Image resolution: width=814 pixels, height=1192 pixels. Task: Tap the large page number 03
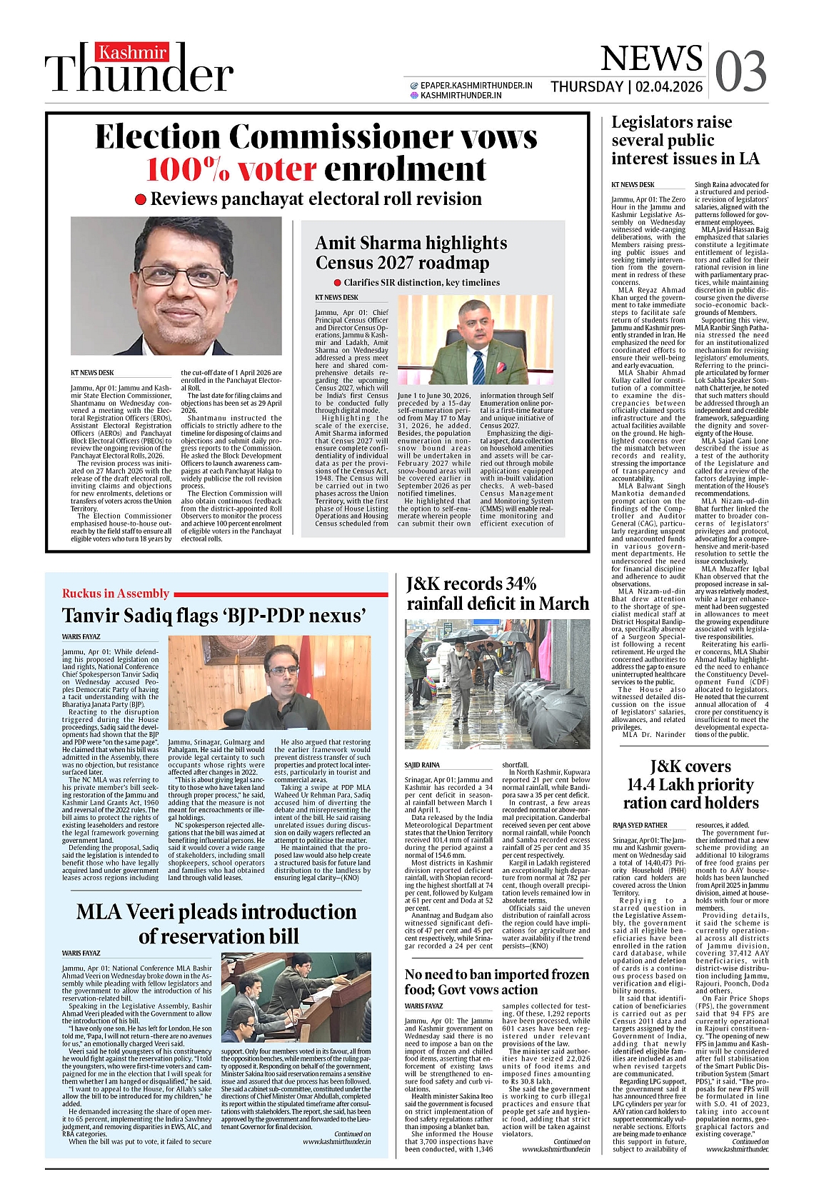click(740, 71)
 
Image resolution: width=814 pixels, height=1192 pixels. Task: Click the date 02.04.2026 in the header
click(669, 87)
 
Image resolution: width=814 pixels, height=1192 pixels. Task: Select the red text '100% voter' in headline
click(231, 169)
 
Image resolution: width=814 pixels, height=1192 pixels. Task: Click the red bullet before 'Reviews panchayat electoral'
click(141, 200)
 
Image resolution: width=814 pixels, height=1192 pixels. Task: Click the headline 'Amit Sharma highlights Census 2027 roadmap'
click(411, 253)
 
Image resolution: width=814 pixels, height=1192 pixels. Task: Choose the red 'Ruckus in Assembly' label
click(116, 594)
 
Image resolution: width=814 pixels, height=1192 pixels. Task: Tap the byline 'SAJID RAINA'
click(422, 765)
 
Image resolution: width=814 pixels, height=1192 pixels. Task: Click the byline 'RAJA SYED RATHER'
click(640, 825)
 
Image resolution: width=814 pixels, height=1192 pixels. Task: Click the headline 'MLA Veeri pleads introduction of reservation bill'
click(216, 923)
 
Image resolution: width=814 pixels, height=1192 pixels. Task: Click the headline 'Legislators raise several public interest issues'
click(685, 141)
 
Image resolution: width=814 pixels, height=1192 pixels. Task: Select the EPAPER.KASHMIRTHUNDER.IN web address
click(476, 85)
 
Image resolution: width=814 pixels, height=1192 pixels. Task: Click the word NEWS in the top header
click(650, 59)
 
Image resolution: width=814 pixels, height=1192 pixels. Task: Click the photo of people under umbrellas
click(497, 683)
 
